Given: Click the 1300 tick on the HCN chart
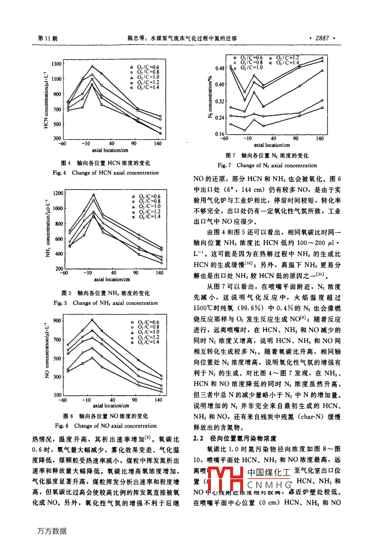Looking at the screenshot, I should click(x=57, y=64).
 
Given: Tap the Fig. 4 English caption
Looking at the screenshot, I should click(x=106, y=173).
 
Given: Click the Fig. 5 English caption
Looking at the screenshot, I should click(x=106, y=303).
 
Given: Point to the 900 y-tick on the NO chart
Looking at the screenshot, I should click(x=57, y=321).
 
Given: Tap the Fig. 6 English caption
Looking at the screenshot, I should click(x=106, y=426).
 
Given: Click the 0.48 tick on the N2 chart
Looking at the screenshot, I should click(x=220, y=69).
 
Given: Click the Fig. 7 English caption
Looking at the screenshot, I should click(x=267, y=166).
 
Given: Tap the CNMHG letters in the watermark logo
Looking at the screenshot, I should click(x=269, y=485).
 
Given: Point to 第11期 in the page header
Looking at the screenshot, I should click(x=47, y=38).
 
